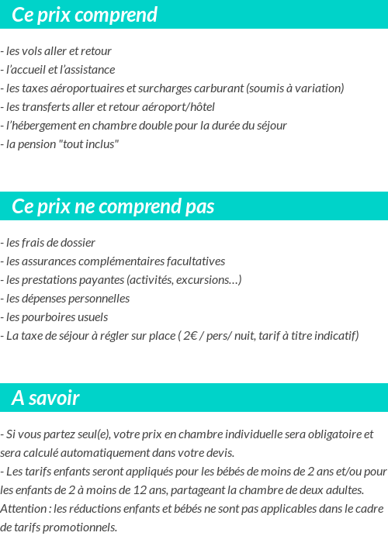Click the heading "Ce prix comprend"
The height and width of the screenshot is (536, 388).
click(85, 15)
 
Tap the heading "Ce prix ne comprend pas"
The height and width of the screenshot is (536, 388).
click(113, 206)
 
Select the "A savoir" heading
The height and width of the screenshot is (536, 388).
click(46, 398)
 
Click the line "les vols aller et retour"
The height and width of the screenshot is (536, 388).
click(57, 51)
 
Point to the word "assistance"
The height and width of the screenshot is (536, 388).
click(87, 70)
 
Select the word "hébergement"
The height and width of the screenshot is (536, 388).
click(46, 126)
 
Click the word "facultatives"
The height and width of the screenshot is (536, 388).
click(192, 261)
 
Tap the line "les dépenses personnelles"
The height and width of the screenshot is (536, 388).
click(67, 299)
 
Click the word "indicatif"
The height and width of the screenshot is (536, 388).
click(334, 336)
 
